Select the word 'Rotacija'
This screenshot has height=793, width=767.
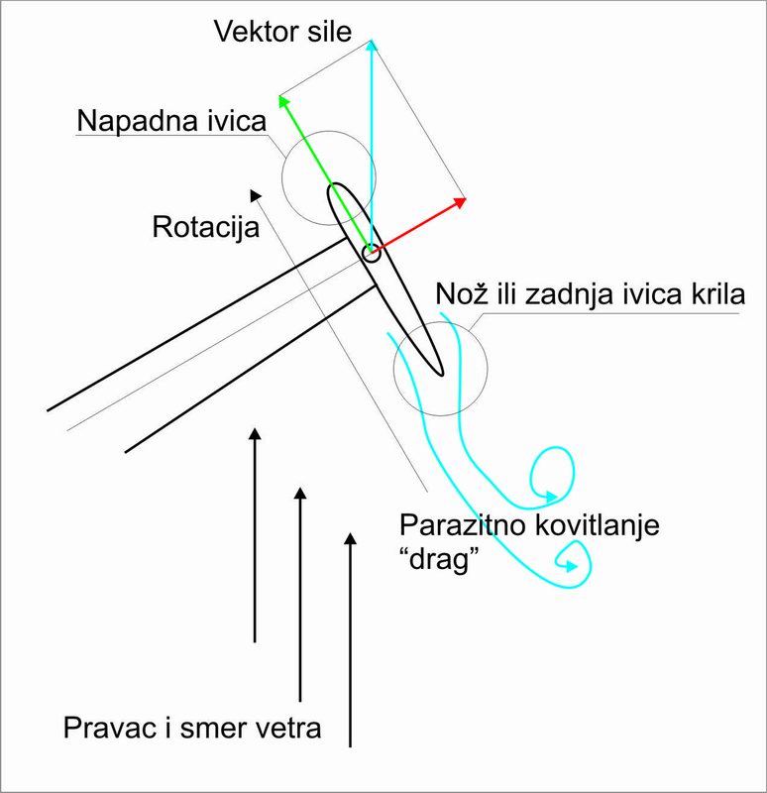(x=206, y=227)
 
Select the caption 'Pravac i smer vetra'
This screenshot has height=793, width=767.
(x=192, y=728)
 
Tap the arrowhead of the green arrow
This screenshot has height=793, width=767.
(x=282, y=99)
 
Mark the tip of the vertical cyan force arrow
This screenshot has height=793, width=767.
(x=372, y=43)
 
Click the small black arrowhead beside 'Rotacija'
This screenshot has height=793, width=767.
(x=258, y=195)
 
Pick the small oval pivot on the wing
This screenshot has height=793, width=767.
(x=371, y=254)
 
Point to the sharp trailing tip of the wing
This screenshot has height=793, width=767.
(x=440, y=374)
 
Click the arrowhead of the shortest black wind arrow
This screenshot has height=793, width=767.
(x=256, y=432)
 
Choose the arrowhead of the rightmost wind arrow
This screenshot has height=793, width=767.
(x=349, y=538)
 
